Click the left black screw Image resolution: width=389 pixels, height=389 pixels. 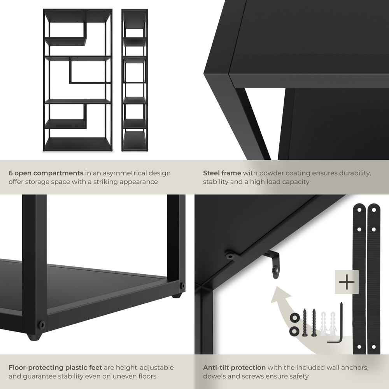304,323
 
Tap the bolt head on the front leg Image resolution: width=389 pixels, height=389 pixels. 40,324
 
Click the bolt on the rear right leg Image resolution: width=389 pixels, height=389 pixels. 182,286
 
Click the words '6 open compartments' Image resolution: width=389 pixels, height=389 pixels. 46,173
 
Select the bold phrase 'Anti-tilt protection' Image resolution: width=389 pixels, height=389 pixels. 234,367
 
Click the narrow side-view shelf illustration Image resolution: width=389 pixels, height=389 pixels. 134,80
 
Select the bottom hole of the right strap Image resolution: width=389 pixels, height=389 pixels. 373,346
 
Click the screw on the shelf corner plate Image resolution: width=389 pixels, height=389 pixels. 231,256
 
